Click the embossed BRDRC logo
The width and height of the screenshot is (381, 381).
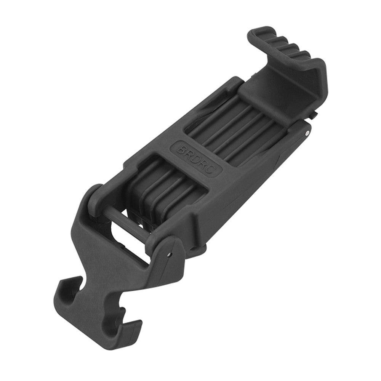pos(197,158)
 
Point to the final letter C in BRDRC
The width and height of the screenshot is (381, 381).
pos(214,170)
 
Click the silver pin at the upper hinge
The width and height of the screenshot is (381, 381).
pos(308,133)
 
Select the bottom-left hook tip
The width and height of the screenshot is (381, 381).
pos(62,283)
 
